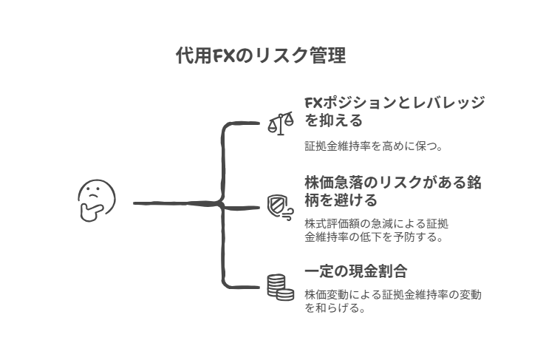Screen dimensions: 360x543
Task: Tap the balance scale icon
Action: pos(280,122)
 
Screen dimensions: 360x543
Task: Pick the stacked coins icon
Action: pos(279,287)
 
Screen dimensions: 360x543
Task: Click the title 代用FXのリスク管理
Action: pos(261,56)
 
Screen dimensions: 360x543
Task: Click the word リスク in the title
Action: pos(277,56)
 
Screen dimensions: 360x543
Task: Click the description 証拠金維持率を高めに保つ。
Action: pos(374,146)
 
